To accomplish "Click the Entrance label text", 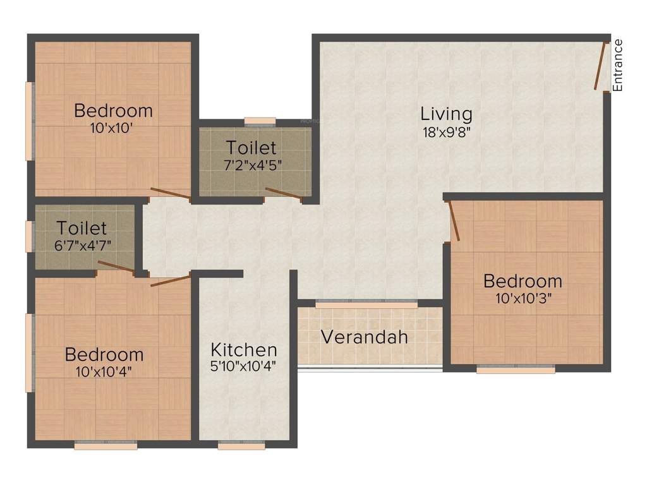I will click(618, 65).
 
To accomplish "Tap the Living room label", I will click(446, 114).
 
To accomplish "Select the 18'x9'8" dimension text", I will click(446, 133).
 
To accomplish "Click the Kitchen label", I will click(244, 349).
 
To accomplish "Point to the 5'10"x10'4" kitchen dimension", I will click(244, 365).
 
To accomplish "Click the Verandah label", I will click(364, 337).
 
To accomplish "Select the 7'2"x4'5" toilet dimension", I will click(251, 165).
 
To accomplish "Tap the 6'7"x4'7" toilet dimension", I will click(82, 244).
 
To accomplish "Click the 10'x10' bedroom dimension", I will click(113, 127).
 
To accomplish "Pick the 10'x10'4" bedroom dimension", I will click(104, 371).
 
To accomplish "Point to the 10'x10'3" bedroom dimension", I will click(523, 297).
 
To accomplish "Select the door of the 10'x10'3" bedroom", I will click(454, 221).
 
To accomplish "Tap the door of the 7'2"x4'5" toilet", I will click(284, 194).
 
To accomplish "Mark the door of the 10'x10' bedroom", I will click(170, 194).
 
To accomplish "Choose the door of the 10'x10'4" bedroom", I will click(171, 280).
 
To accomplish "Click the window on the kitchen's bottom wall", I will click(241, 445).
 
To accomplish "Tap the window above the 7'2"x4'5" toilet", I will click(260, 120).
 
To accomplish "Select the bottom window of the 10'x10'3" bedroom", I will click(516, 369).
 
